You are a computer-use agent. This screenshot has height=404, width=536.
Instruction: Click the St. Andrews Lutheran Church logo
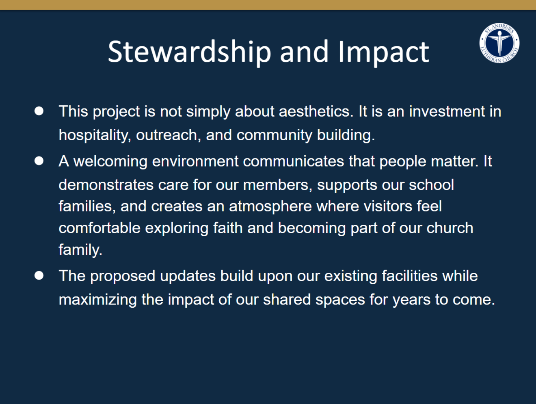click(x=499, y=43)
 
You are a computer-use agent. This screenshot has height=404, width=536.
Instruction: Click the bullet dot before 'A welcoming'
click(x=39, y=161)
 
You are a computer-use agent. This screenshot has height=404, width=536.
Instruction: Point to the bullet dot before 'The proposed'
click(x=39, y=276)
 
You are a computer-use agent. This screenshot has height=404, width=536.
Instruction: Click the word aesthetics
click(x=316, y=111)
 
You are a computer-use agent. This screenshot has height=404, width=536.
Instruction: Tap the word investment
click(x=447, y=111)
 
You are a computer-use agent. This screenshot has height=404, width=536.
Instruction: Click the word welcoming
click(x=110, y=161)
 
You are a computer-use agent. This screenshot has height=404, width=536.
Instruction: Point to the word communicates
click(x=294, y=161)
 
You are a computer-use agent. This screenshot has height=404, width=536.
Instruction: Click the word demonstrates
click(x=106, y=185)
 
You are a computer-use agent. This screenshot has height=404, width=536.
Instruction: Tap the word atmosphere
click(x=270, y=206)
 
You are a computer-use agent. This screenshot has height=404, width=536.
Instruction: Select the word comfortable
click(x=99, y=228)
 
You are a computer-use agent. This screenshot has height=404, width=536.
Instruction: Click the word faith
click(x=228, y=228)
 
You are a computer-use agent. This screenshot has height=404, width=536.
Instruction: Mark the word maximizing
click(x=98, y=300)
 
